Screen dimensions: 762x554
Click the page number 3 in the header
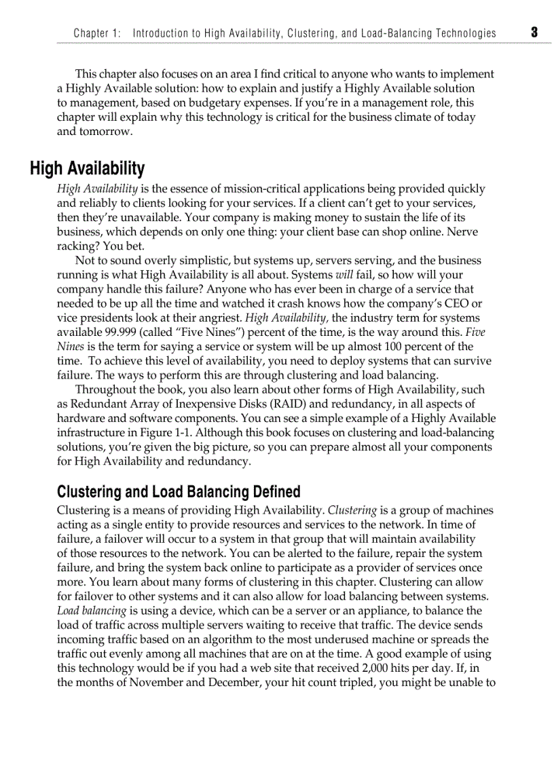click(534, 32)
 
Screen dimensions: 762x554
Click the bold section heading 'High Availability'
click(87, 169)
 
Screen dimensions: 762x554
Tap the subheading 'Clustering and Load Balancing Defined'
click(179, 491)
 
